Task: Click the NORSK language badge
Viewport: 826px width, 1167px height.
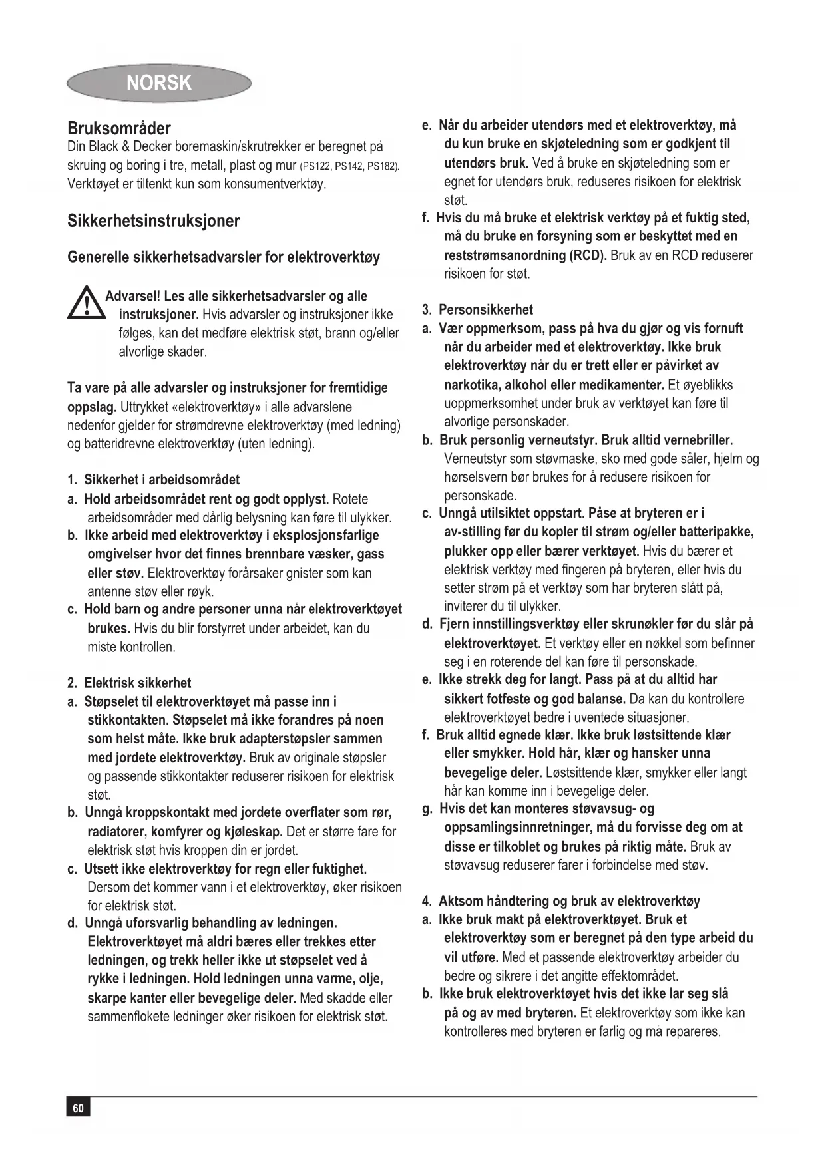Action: (158, 83)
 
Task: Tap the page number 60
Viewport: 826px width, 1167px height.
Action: (78, 1108)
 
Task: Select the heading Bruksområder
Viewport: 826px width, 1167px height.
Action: (119, 128)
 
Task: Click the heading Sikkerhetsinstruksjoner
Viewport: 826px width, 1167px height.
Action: (154, 221)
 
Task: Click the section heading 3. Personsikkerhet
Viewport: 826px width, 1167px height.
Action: (478, 309)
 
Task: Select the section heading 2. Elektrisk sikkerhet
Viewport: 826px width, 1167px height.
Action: (130, 683)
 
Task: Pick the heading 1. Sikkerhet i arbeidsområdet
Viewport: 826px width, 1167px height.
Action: (154, 480)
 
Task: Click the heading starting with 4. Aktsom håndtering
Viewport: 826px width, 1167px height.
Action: (561, 901)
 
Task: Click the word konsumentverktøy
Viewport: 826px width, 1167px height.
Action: (273, 184)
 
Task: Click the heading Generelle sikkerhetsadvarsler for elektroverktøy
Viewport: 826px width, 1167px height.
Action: (224, 257)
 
